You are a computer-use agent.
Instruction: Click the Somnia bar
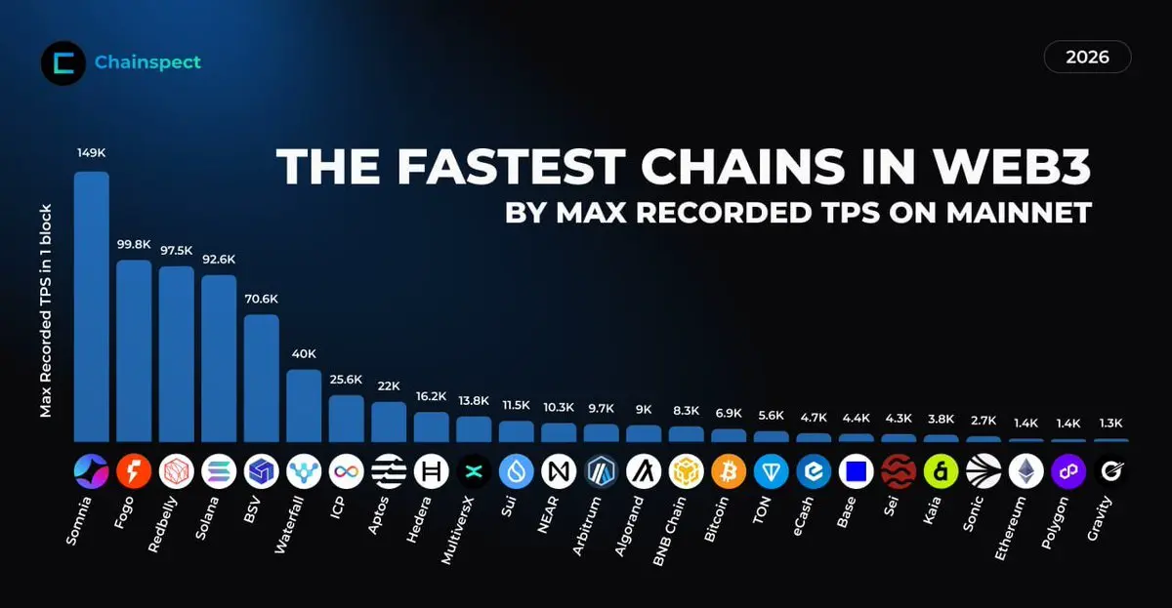pyautogui.click(x=92, y=307)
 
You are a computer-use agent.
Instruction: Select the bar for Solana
pyautogui.click(x=219, y=358)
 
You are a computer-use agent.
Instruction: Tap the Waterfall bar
pyautogui.click(x=304, y=405)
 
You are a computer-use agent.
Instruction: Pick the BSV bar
pyautogui.click(x=261, y=378)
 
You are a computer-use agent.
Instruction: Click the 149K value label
pyautogui.click(x=92, y=153)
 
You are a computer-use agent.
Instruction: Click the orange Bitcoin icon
pyautogui.click(x=729, y=472)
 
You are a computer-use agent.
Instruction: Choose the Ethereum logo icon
pyautogui.click(x=1025, y=472)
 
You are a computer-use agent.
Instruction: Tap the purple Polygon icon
pyautogui.click(x=1068, y=472)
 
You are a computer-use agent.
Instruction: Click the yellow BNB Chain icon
pyautogui.click(x=686, y=472)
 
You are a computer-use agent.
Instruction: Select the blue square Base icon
pyautogui.click(x=856, y=472)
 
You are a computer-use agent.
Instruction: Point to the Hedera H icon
pyautogui.click(x=431, y=472)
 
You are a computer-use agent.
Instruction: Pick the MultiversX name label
pyautogui.click(x=459, y=531)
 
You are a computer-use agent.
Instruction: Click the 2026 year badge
pyautogui.click(x=1087, y=58)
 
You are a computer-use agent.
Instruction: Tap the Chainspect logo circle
pyautogui.click(x=63, y=63)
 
